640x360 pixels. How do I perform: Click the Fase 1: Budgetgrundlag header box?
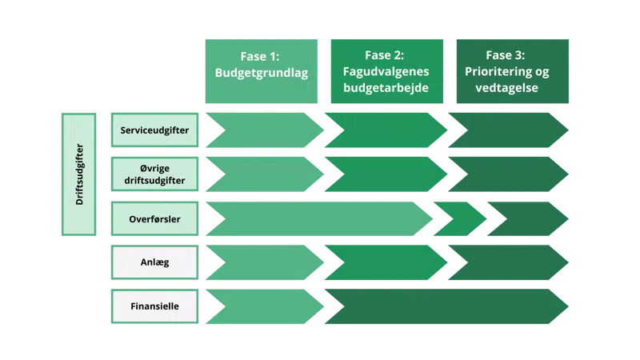[262, 71]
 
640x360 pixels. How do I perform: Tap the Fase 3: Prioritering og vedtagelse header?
[513, 71]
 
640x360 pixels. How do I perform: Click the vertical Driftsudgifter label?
[78, 174]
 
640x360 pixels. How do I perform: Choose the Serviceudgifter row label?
[154, 130]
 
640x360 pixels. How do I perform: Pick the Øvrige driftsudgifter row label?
[154, 174]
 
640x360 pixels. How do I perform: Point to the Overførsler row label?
[154, 218]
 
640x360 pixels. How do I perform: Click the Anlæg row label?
[154, 262]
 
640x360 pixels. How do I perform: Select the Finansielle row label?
[154, 306]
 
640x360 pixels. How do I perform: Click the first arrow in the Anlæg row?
[260, 262]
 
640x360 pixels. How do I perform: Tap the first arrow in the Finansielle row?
[260, 306]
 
